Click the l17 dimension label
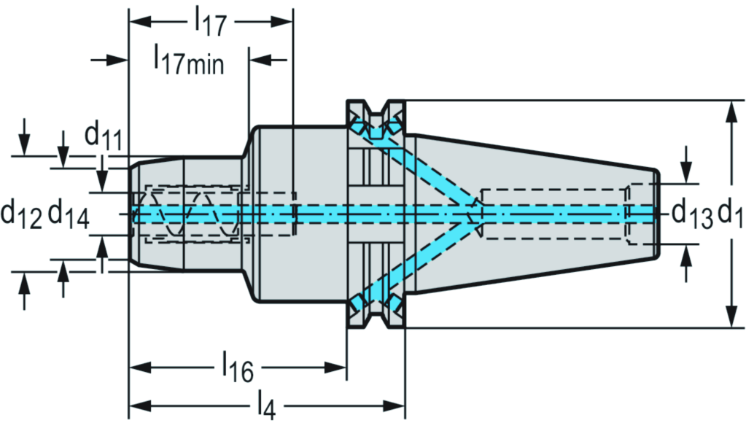pos(210,23)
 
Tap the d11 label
pos(102,135)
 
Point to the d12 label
pos(21,214)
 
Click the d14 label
pos(69,214)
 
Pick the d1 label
pos(730,214)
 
